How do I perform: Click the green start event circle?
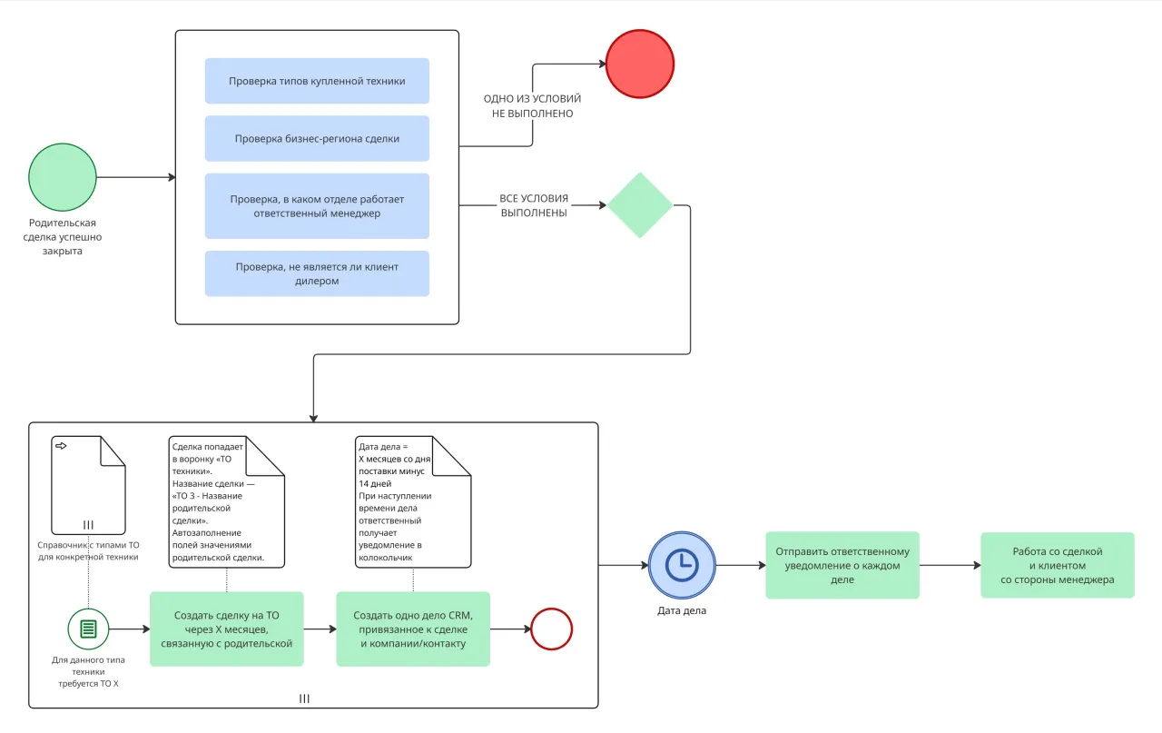click(x=62, y=177)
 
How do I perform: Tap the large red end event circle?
click(x=640, y=64)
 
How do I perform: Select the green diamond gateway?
click(x=640, y=205)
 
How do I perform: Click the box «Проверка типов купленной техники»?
click(x=317, y=81)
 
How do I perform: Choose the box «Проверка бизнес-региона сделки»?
click(x=317, y=139)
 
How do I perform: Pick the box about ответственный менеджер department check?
click(x=317, y=206)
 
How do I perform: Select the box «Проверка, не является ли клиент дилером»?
click(x=317, y=273)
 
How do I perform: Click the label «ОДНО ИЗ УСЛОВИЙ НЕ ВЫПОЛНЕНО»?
click(x=532, y=106)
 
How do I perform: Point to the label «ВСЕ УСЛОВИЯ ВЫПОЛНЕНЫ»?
click(x=534, y=205)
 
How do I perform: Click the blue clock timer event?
click(x=682, y=565)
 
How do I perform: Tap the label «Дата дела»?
click(x=682, y=610)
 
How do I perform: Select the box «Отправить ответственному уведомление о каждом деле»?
click(x=842, y=565)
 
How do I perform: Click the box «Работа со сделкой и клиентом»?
click(x=1057, y=565)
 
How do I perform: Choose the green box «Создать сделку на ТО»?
click(x=226, y=629)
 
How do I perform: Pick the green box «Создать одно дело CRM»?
click(x=413, y=629)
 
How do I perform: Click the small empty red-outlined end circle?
click(x=551, y=629)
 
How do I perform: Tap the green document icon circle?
click(x=88, y=629)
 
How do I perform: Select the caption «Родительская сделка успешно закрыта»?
click(x=63, y=237)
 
